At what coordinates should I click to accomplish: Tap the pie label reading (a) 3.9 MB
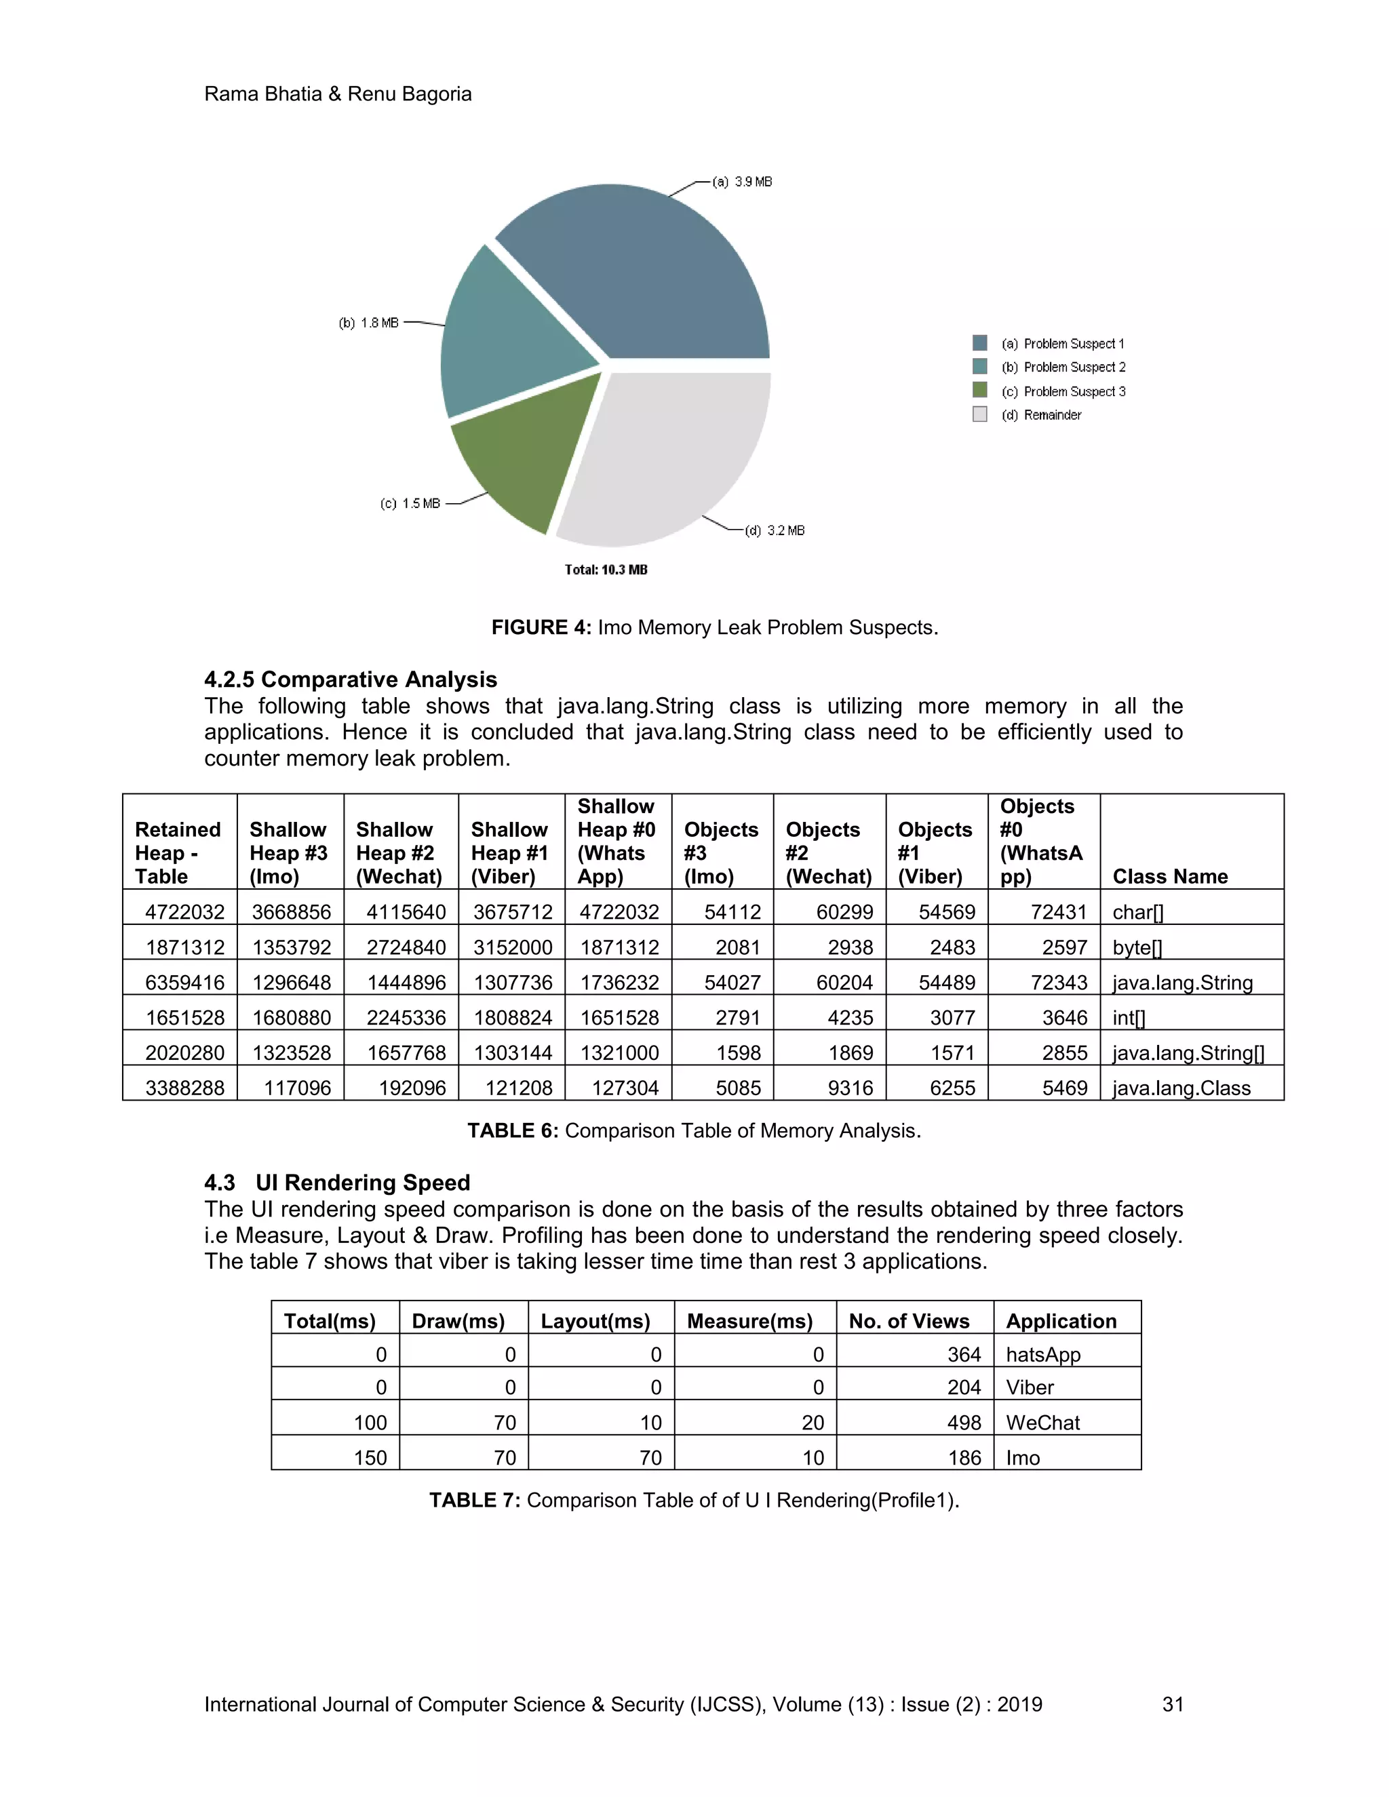[x=741, y=182]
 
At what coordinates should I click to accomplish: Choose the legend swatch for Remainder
[x=979, y=415]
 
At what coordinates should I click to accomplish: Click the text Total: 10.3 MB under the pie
[x=606, y=570]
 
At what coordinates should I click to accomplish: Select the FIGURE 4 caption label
[x=541, y=628]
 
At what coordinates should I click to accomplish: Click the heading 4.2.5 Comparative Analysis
[x=351, y=679]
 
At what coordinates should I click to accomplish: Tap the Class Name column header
[x=1169, y=876]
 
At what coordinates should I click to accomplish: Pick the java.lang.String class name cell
[x=1181, y=983]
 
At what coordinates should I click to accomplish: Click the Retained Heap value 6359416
[x=184, y=983]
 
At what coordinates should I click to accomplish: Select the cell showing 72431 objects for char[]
[x=1058, y=911]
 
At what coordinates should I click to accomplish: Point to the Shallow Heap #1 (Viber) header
[x=509, y=852]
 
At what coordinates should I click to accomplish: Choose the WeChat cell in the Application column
[x=1042, y=1423]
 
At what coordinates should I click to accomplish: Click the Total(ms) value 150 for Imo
[x=370, y=1458]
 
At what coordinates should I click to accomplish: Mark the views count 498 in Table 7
[x=964, y=1423]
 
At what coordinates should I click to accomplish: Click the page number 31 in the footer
[x=1173, y=1704]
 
